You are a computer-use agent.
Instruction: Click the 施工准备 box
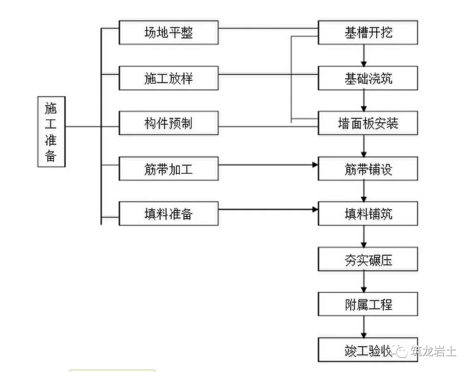pos(51,131)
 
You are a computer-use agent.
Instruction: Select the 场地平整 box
pos(168,33)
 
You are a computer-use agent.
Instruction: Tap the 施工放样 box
pos(168,78)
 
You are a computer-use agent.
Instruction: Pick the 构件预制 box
pos(168,124)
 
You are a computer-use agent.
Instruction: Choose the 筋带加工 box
pos(168,169)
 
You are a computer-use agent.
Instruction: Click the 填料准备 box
pos(168,214)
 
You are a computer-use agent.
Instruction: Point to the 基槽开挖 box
pos(368,33)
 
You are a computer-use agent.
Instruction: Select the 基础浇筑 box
pos(368,78)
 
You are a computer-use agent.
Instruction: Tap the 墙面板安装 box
pos(368,124)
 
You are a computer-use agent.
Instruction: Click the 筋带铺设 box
pos(368,169)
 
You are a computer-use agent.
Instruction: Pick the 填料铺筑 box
pos(368,214)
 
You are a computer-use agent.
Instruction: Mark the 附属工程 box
pos(368,304)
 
